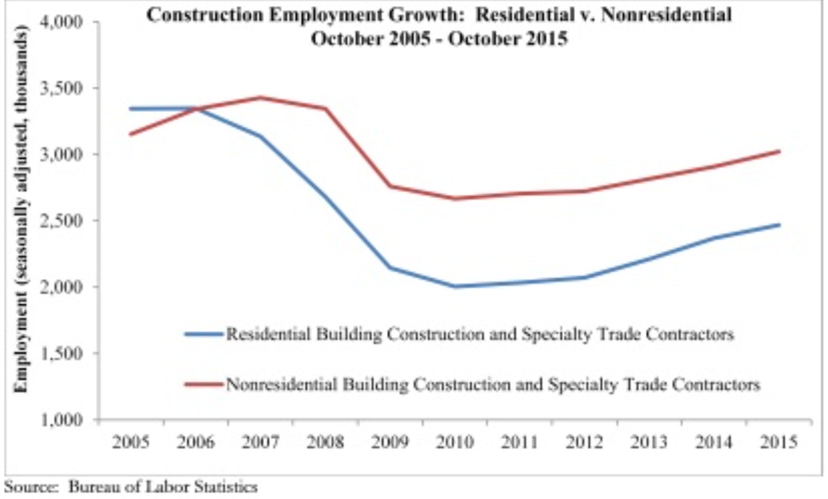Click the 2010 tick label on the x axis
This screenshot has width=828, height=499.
pyautogui.click(x=455, y=441)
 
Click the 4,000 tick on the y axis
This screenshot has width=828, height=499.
pyautogui.click(x=63, y=22)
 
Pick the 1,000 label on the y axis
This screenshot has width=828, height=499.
pyautogui.click(x=63, y=420)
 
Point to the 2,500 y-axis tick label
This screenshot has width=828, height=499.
pyautogui.click(x=63, y=221)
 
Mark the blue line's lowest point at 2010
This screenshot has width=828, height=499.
pyautogui.click(x=455, y=286)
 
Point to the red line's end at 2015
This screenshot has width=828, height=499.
pyautogui.click(x=780, y=151)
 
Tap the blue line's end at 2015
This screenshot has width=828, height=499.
pyautogui.click(x=780, y=224)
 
